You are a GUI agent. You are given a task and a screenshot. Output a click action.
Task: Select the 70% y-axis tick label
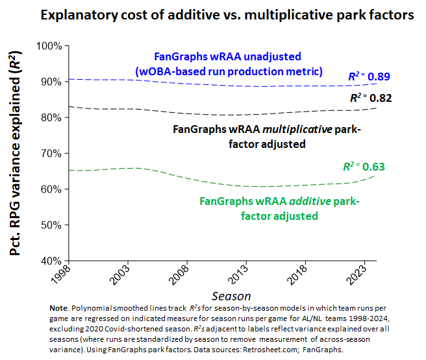point(51,154)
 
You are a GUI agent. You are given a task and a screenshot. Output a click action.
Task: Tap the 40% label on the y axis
point(51,261)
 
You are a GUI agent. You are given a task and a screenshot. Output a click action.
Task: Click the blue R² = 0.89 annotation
point(369,77)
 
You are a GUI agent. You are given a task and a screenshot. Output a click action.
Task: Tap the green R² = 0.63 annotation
point(364,167)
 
